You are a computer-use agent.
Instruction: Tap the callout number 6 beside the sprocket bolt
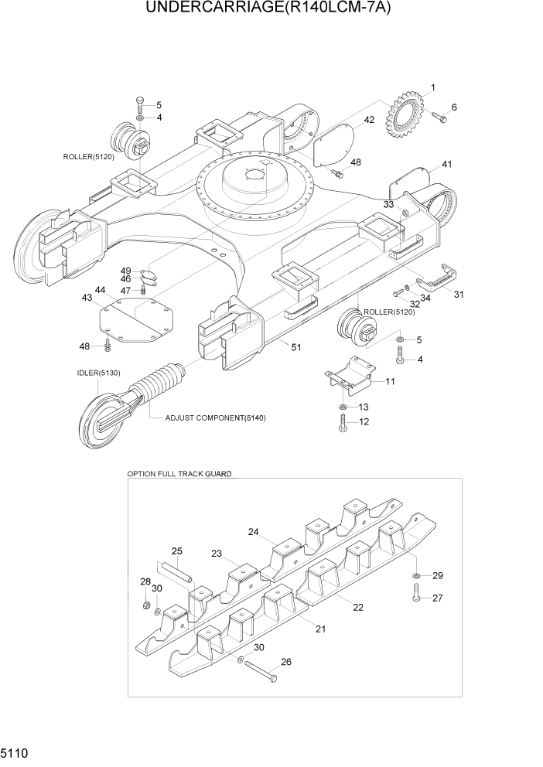454,107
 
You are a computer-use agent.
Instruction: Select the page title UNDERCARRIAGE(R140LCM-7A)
271,9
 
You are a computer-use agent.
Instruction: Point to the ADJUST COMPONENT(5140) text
215,418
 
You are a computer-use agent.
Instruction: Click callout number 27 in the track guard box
437,598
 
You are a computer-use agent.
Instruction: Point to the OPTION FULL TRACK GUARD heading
179,472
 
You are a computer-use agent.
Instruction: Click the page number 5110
16,752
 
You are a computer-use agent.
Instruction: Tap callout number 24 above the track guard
252,532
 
